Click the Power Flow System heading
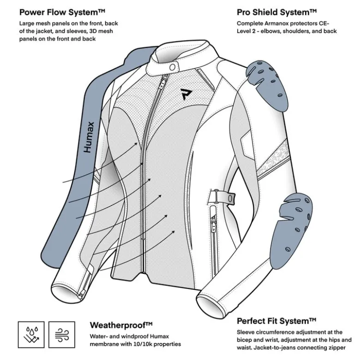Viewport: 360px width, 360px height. point(62,12)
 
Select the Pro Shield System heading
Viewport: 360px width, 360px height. point(277,12)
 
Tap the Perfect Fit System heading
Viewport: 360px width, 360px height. point(276,321)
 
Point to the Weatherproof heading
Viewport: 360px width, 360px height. point(121,325)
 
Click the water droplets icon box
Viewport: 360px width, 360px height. point(31,335)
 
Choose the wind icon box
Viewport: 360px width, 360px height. point(62,335)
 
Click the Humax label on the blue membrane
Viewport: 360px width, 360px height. point(89,137)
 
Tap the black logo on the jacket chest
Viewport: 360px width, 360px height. point(186,94)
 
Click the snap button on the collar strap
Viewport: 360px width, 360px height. point(173,67)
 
